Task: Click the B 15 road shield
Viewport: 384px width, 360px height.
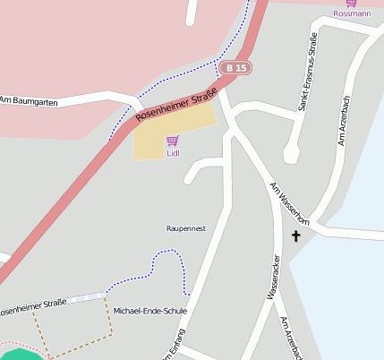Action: pos(236,68)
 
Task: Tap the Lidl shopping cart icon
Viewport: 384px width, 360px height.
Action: pos(172,141)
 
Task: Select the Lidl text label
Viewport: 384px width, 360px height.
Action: pos(173,153)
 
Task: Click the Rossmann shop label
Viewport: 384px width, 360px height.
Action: pos(351,13)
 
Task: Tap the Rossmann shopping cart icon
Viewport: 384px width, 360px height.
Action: pos(351,4)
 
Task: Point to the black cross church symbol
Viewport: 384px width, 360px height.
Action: pos(295,236)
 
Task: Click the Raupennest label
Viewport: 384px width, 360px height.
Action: pos(186,228)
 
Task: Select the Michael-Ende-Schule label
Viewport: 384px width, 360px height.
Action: pos(150,311)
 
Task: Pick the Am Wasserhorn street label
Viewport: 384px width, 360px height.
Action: pos(289,204)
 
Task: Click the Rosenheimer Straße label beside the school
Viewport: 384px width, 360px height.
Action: pos(33,308)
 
